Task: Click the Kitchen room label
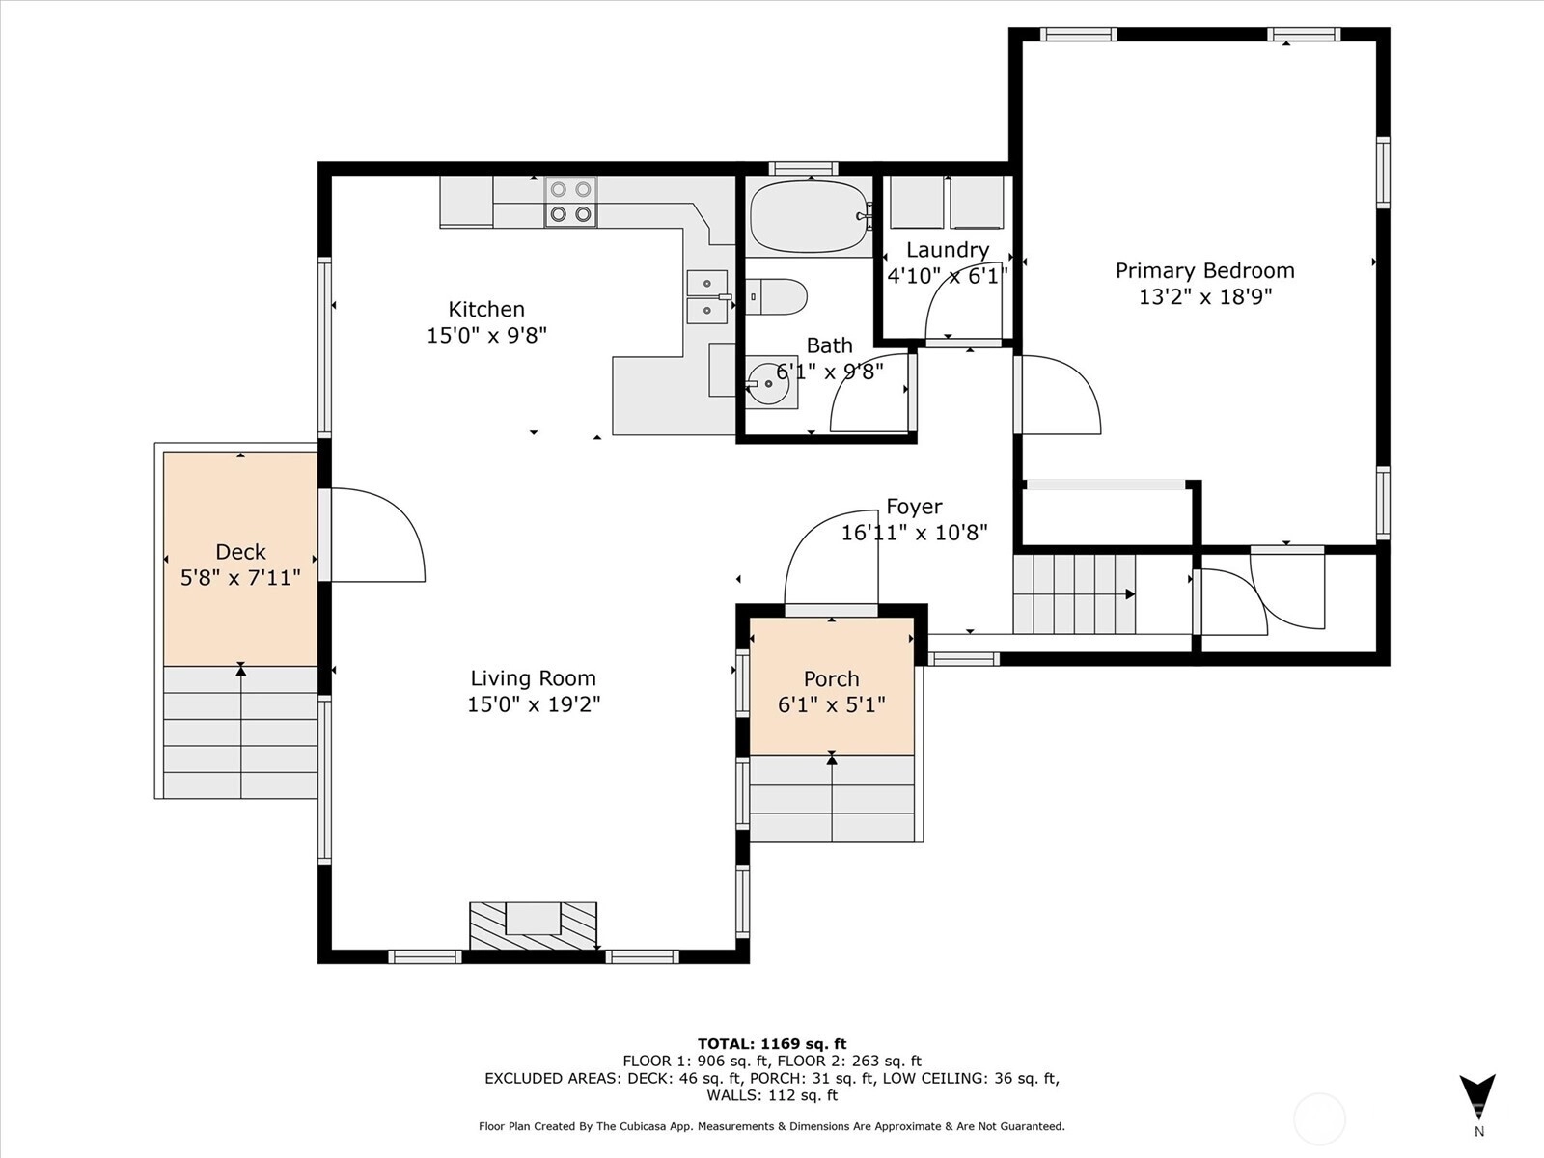pos(486,310)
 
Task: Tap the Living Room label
pos(534,677)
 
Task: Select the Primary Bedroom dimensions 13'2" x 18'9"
pos(1205,296)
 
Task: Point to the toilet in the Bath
pos(776,296)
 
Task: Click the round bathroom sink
pos(769,383)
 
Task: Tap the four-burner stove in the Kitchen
pos(570,201)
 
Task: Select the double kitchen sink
pos(707,296)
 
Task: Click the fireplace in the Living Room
pos(534,926)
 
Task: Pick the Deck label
pos(240,551)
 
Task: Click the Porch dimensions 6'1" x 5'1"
pos(832,704)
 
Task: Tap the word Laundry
pos(948,250)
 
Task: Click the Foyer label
pos(915,507)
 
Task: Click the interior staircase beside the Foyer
pos(1074,594)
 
